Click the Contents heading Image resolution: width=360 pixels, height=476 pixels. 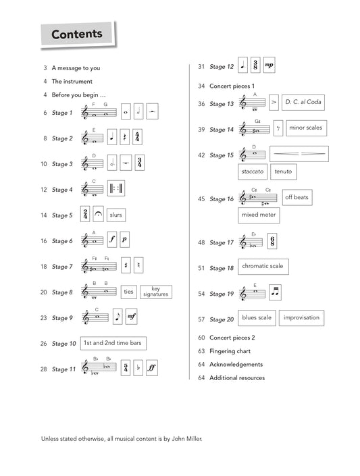point(77,34)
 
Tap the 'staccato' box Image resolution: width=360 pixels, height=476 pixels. point(253,171)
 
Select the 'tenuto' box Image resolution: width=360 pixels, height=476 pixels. point(283,171)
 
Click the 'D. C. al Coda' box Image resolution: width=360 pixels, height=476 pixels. point(303,102)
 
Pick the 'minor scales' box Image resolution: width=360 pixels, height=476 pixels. point(306,128)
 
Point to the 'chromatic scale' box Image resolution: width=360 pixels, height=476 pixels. point(263,267)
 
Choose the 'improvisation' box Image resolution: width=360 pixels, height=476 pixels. point(301,318)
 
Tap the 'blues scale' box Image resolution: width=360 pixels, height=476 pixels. point(257,318)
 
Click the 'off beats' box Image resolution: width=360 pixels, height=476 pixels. point(297,197)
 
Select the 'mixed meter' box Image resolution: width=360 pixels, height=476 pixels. point(259,215)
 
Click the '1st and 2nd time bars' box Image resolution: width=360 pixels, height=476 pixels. point(113,343)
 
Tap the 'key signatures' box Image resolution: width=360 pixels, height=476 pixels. point(156,292)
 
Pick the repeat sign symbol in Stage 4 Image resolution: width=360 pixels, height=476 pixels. point(115,188)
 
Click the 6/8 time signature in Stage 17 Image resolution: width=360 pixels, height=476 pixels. point(272,241)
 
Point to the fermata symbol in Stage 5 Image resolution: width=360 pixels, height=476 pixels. point(98,214)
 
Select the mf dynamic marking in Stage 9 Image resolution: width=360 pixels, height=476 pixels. point(131,317)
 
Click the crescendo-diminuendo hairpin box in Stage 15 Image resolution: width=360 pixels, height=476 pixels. point(299,154)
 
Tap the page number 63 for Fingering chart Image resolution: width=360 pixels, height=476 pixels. point(201,351)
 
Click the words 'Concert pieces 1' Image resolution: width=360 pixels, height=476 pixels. point(232,86)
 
